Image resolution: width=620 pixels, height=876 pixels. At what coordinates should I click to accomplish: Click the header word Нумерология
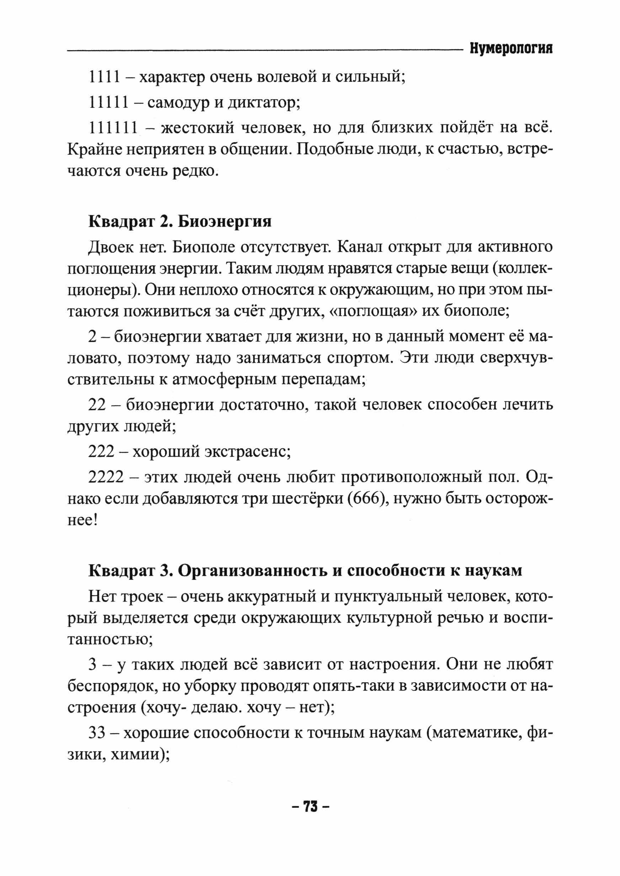[x=511, y=49]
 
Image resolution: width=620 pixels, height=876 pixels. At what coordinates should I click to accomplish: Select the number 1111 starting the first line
[x=104, y=78]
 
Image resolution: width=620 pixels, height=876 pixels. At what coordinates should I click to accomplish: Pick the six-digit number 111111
[x=113, y=128]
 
